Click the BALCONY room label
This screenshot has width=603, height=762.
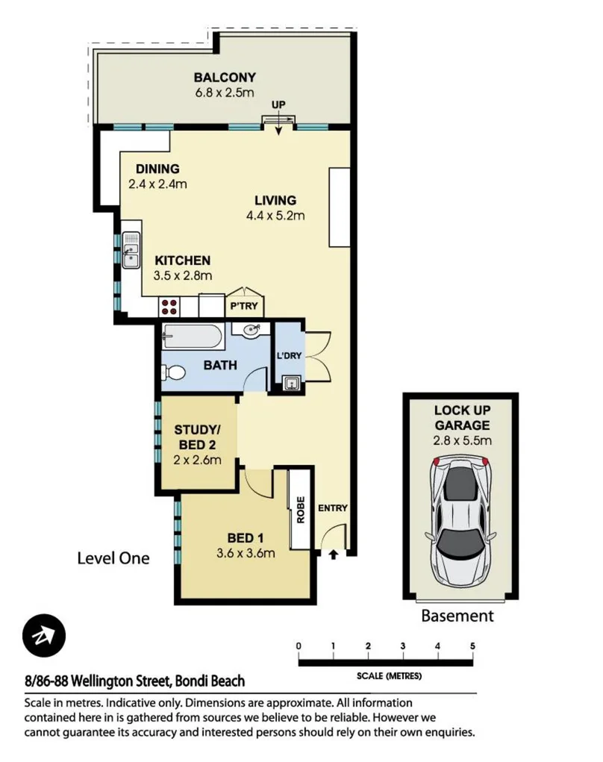coord(225,77)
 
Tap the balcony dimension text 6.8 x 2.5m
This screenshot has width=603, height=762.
coord(225,93)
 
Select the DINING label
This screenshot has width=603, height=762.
coord(157,169)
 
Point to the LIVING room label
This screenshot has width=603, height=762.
coord(275,200)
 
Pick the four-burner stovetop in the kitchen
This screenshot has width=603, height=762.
coord(169,306)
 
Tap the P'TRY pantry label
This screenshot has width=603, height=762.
coord(243,306)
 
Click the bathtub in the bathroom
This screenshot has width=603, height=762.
coord(191,338)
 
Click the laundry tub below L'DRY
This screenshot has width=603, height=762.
coord(291,384)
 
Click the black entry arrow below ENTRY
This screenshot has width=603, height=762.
coord(333,554)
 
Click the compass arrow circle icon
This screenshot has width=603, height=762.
coord(44,636)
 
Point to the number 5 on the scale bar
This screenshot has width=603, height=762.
coord(472,646)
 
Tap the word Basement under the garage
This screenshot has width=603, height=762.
coord(457,616)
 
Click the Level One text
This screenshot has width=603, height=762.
coord(113,558)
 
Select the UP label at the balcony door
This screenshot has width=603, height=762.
coord(278,104)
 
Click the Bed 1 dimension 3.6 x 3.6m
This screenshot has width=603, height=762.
coord(245,553)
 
